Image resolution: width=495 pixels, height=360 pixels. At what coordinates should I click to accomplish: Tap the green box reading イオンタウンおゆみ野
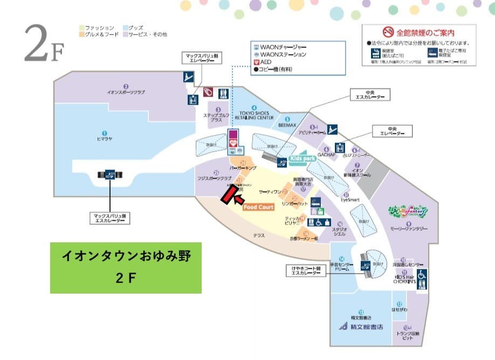click(x=126, y=267)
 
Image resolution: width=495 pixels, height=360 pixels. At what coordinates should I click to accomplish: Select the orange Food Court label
click(x=259, y=207)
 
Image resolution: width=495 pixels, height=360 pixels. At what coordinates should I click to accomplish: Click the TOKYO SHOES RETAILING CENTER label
click(x=253, y=114)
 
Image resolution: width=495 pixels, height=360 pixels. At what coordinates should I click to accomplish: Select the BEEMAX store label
click(x=287, y=124)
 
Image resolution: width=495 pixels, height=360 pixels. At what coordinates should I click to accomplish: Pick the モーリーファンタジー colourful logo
click(x=408, y=208)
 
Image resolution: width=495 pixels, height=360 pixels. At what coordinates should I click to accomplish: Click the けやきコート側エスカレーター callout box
click(x=305, y=270)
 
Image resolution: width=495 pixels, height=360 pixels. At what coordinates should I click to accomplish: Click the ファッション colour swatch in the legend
click(x=81, y=28)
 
